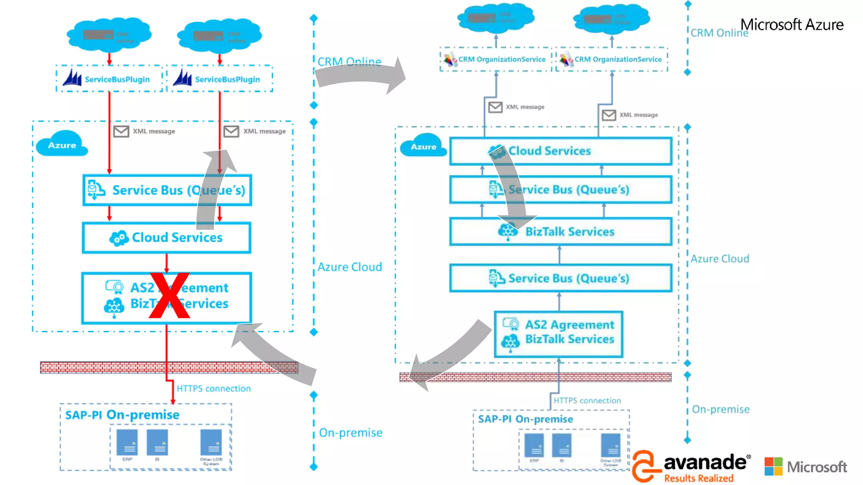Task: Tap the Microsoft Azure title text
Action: [x=792, y=25]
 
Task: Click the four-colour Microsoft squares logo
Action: [x=773, y=466]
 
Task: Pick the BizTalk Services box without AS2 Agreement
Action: [x=560, y=232]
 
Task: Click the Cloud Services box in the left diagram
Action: [x=167, y=237]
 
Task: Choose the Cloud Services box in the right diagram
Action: [x=560, y=151]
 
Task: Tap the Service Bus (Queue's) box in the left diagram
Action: [x=167, y=190]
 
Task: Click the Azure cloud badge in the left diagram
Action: [x=62, y=145]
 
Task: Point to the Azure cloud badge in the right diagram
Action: [x=423, y=147]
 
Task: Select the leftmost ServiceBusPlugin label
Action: [x=117, y=79]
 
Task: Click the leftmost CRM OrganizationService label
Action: [x=501, y=59]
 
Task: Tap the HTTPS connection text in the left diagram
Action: [x=213, y=389]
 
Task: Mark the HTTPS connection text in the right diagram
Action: [x=587, y=400]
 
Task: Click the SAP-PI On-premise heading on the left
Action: [x=122, y=415]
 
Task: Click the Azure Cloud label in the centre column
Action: [x=350, y=267]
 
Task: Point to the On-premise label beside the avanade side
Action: [x=721, y=409]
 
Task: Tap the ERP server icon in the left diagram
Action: [x=127, y=442]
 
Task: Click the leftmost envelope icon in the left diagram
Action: [x=121, y=131]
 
